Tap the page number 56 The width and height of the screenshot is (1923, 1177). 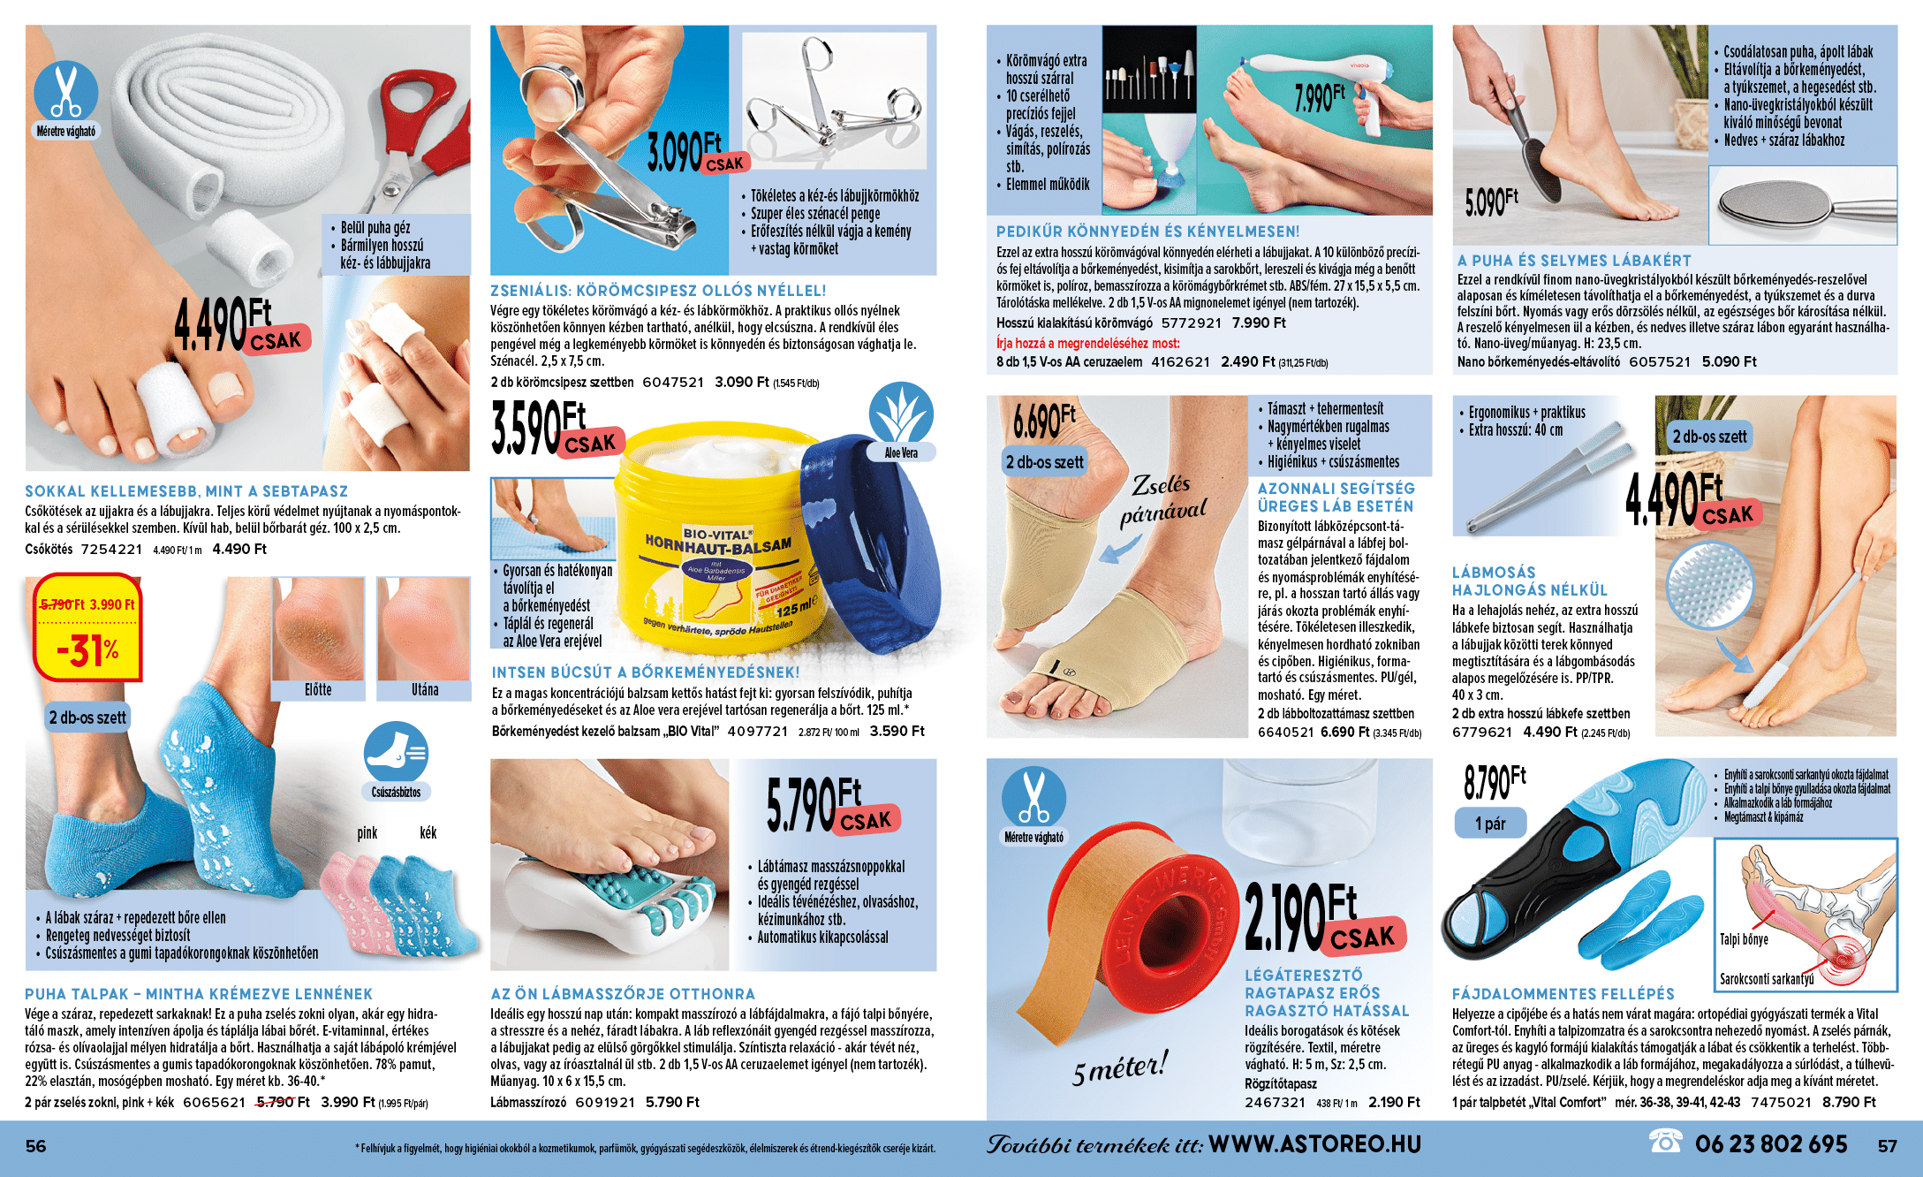click(36, 1146)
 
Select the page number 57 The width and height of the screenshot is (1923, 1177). click(1887, 1146)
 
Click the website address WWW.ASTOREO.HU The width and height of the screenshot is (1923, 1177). click(1315, 1144)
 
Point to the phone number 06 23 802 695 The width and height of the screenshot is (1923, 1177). click(1771, 1144)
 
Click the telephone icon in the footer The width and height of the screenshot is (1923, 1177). click(1665, 1142)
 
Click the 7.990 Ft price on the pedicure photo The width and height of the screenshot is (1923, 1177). click(1320, 98)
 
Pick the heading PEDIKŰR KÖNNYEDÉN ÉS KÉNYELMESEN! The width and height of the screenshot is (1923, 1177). click(1147, 232)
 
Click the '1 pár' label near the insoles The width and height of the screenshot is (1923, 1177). click(1490, 824)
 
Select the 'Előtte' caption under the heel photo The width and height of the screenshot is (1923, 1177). click(318, 690)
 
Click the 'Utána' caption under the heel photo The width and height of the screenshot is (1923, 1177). click(425, 690)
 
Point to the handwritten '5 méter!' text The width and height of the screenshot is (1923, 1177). click(1120, 1067)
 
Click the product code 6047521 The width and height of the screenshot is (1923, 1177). click(673, 383)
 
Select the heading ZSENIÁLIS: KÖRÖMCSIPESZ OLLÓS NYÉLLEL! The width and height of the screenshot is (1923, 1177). click(658, 291)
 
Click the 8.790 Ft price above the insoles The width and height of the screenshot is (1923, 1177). click(1495, 782)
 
